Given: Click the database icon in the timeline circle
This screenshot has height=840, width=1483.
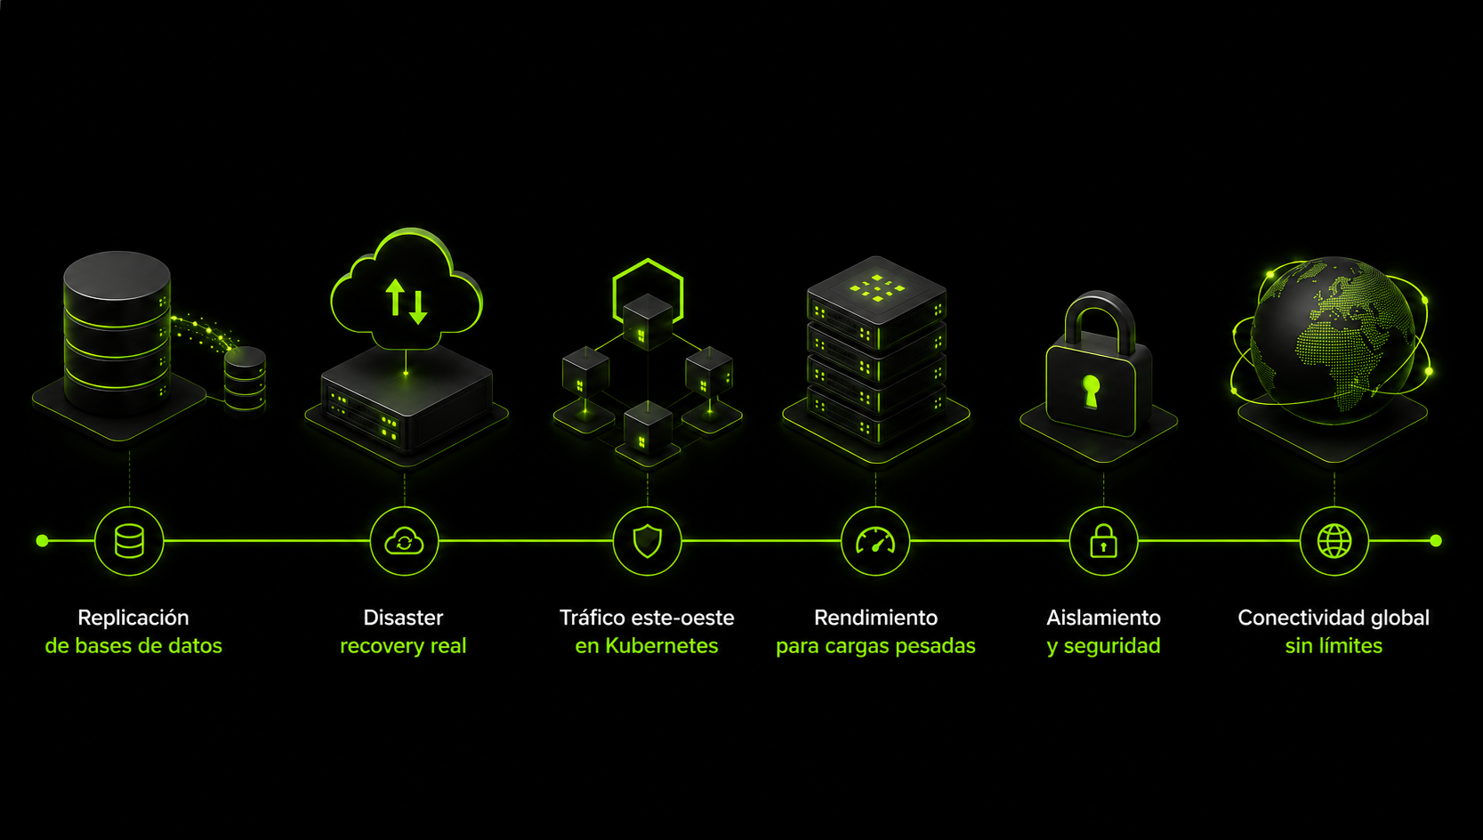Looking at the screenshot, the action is pyautogui.click(x=129, y=541).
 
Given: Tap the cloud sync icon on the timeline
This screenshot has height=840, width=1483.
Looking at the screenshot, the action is pyautogui.click(x=404, y=541).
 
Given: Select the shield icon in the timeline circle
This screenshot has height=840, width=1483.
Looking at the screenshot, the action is pyautogui.click(x=647, y=541).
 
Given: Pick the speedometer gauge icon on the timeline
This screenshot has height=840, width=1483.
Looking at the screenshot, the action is pyautogui.click(x=875, y=540).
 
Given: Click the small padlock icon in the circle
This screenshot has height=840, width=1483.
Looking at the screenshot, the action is pyautogui.click(x=1104, y=540).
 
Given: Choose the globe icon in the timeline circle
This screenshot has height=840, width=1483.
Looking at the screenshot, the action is pyautogui.click(x=1334, y=541).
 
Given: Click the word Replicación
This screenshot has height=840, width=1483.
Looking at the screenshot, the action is pyautogui.click(x=133, y=618).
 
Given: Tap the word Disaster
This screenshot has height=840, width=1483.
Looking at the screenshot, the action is pyautogui.click(x=403, y=618).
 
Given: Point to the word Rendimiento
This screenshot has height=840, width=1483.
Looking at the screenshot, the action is pyautogui.click(x=875, y=618).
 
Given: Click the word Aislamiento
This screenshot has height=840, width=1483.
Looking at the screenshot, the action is pyautogui.click(x=1104, y=618).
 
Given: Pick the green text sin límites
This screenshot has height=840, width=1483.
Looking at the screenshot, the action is pyautogui.click(x=1334, y=645).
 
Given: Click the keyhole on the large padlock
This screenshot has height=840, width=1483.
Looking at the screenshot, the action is pyautogui.click(x=1091, y=391).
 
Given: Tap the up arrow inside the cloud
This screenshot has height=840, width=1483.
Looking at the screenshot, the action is pyautogui.click(x=395, y=297).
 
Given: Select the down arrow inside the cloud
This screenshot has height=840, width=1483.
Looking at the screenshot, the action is pyautogui.click(x=418, y=307).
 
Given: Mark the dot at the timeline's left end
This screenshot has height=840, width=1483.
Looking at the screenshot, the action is pyautogui.click(x=43, y=541).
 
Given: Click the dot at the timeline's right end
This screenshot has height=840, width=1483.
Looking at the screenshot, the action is pyautogui.click(x=1436, y=541).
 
